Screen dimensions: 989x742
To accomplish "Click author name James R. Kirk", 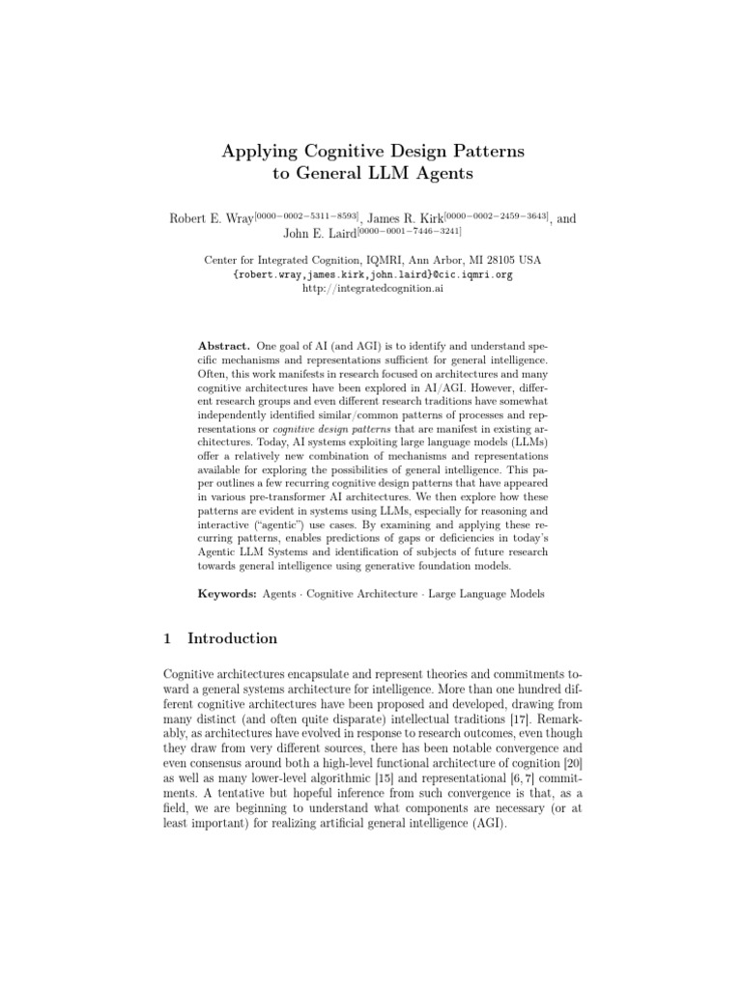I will (x=405, y=219).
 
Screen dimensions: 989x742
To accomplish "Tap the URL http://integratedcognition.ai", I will (x=372, y=288).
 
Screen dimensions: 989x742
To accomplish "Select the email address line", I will (x=372, y=274).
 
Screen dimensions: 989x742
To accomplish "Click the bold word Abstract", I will (x=224, y=345).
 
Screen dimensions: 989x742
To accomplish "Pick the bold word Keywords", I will (x=226, y=594).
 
